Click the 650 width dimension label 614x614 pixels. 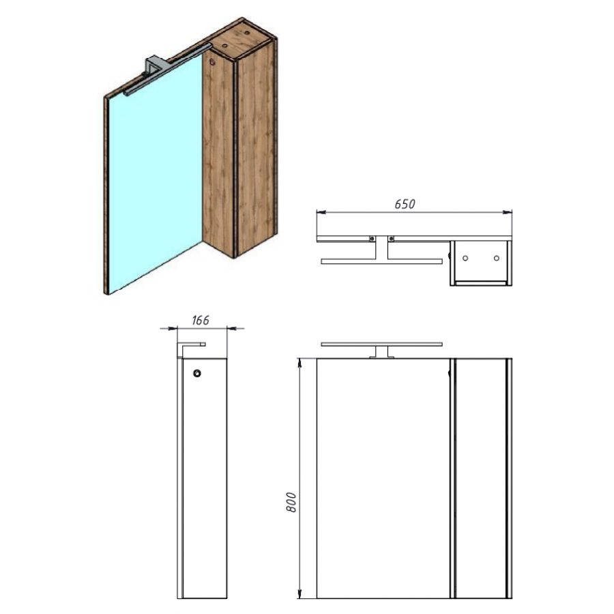coord(405,204)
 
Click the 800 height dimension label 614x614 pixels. coord(291,502)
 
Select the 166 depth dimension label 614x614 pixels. coord(200,321)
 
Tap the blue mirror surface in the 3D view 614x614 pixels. coord(154,173)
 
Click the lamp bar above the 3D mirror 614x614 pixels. coord(168,69)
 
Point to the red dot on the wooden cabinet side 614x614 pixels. coord(212,62)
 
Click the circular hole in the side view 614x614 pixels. coord(197,374)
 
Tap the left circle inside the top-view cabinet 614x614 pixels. coord(465,258)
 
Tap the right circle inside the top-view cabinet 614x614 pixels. coord(497,258)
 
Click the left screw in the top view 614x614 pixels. coord(372,239)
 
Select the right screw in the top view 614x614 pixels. coord(391,239)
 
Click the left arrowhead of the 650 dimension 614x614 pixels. coord(321,212)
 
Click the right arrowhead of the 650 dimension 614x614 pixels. coord(508,212)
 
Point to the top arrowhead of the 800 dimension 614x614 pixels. coord(300,363)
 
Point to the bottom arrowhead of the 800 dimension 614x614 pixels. coord(300,594)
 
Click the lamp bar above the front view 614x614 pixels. coord(381,345)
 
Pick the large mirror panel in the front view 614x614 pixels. coord(383,478)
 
